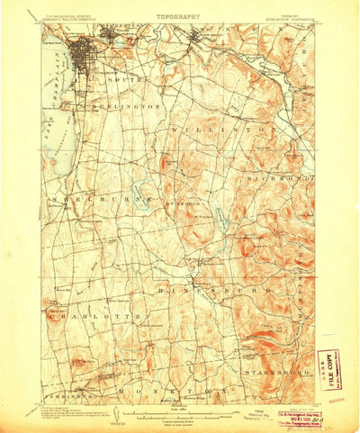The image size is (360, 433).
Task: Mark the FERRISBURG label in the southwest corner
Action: [65, 393]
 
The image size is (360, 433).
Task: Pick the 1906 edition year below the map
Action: [238, 407]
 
